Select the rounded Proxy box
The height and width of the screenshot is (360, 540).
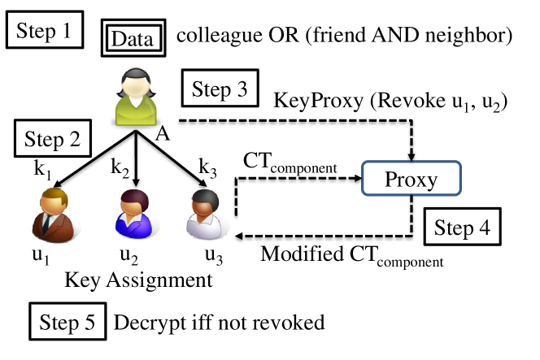[x=412, y=179]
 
